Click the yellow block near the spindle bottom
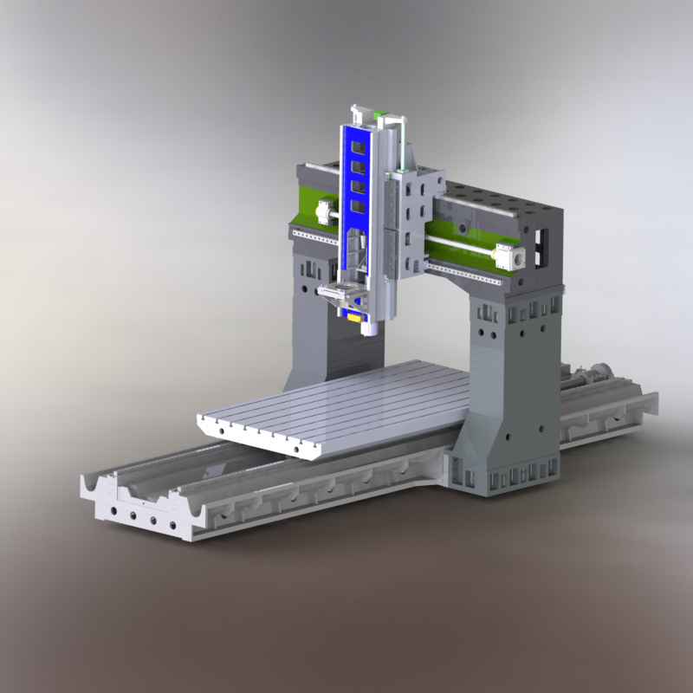point(354,316)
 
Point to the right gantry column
point(511,381)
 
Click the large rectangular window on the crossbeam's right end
point(542,247)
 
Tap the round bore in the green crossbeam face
point(464,230)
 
